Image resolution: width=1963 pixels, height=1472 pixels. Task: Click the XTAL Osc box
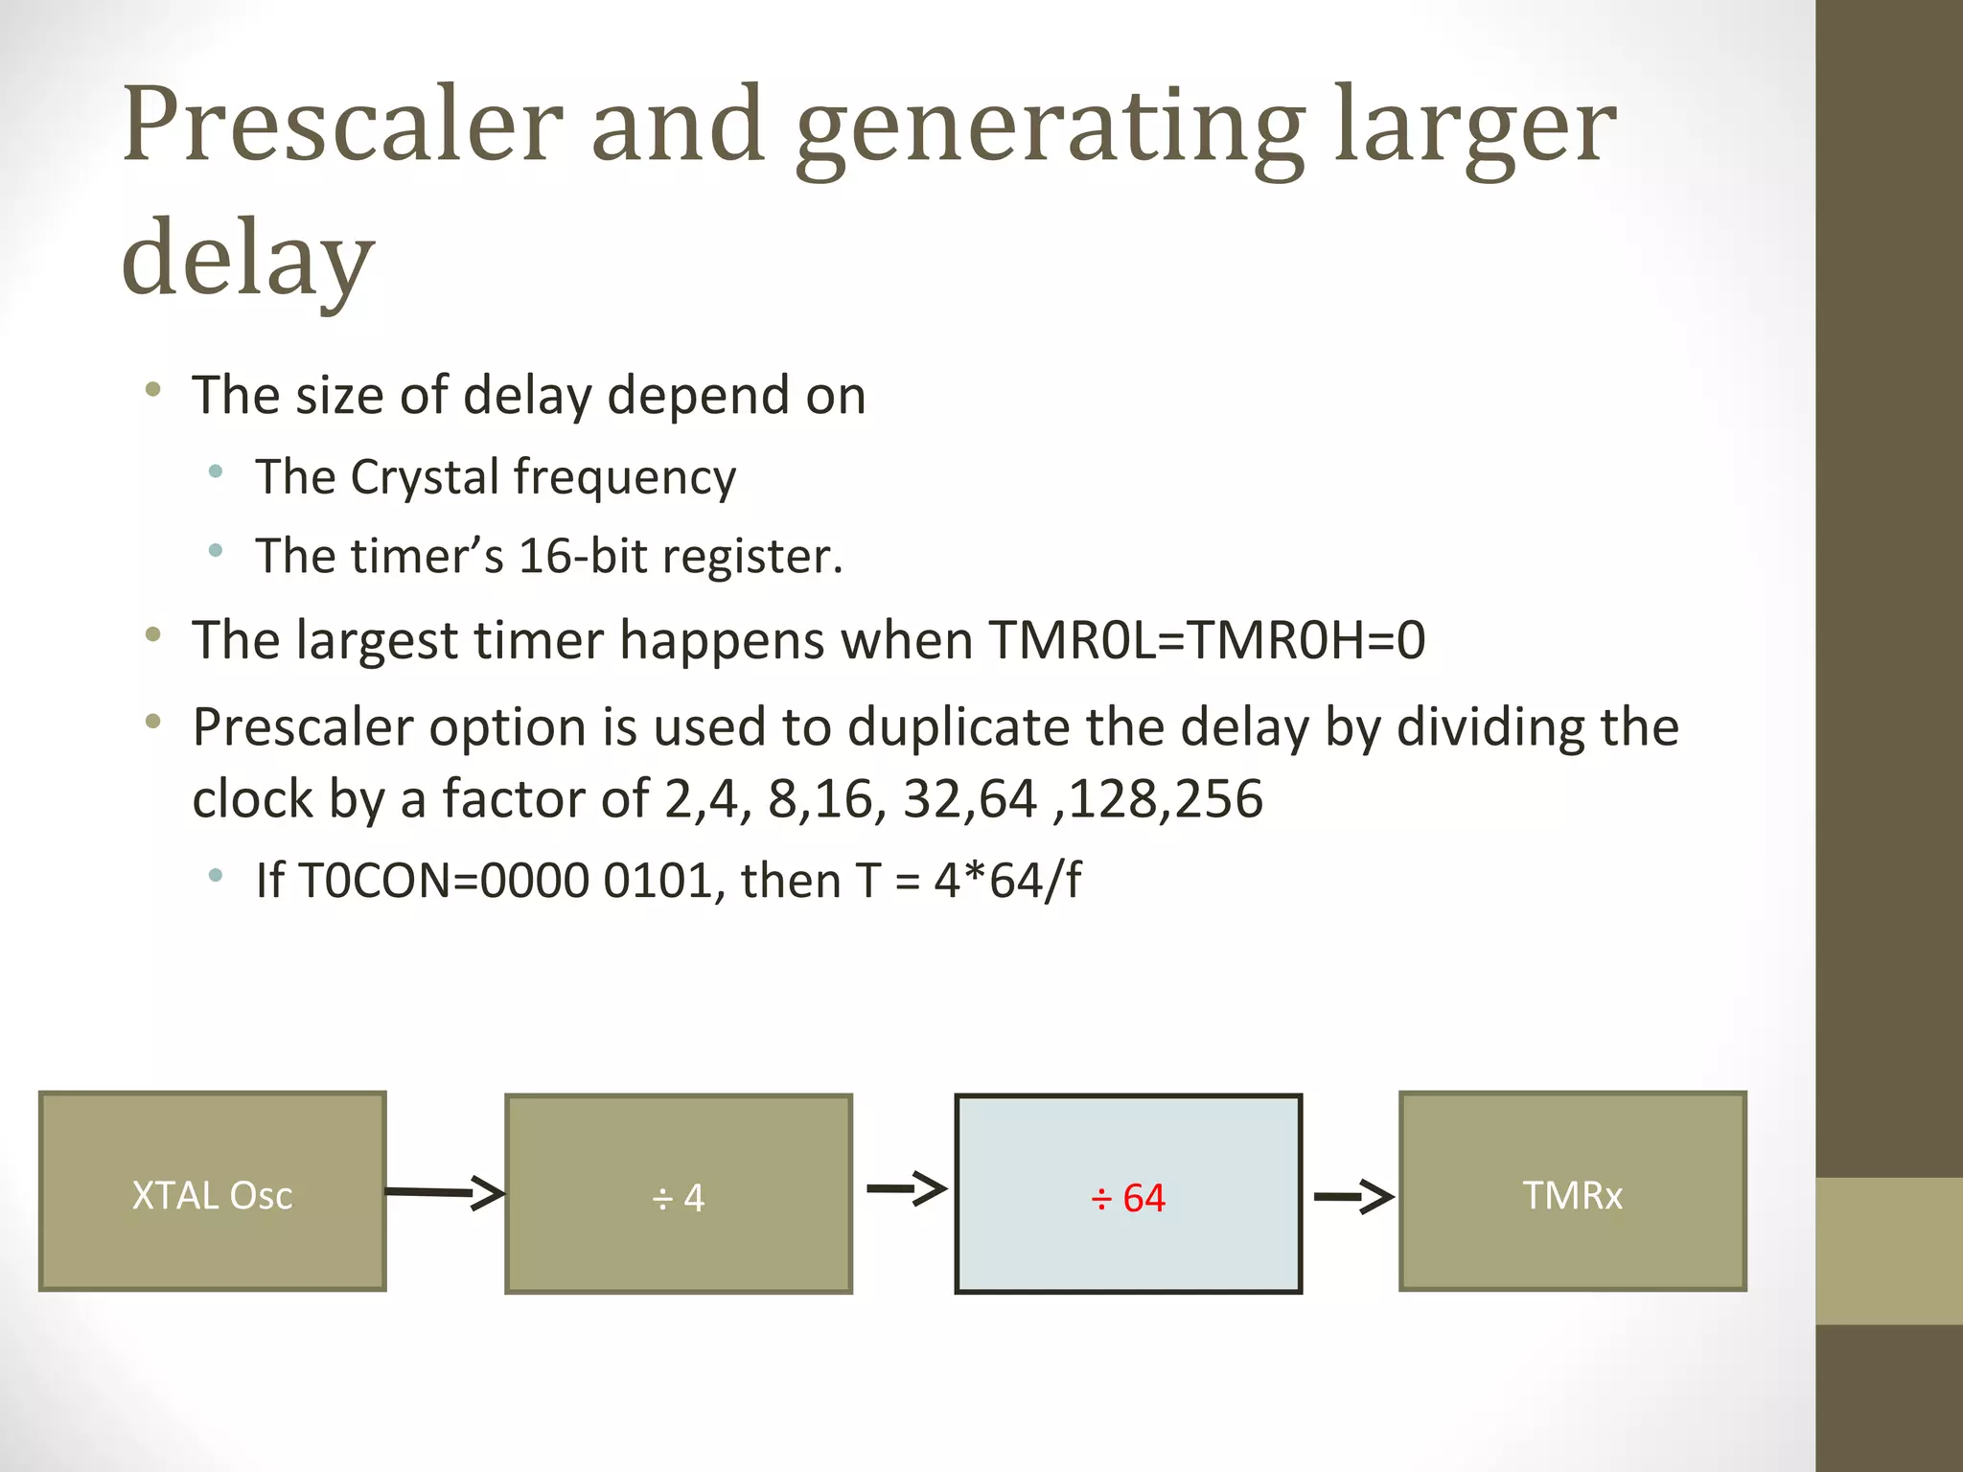(212, 1191)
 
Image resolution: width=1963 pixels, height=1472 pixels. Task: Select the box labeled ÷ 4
(679, 1194)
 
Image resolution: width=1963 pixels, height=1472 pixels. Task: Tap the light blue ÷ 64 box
(1128, 1194)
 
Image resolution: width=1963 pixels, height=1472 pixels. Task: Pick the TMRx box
(1572, 1191)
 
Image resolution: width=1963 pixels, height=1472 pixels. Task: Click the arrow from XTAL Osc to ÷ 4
(445, 1192)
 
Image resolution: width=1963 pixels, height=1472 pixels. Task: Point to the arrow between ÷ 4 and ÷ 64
(906, 1189)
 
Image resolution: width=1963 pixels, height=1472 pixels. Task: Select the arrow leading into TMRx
(1353, 1196)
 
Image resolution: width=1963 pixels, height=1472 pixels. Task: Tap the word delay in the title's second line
(247, 257)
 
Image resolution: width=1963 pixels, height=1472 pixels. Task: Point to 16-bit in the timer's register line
(582, 556)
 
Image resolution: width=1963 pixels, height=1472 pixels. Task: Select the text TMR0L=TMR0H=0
(1207, 639)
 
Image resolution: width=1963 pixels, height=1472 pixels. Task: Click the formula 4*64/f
(1007, 880)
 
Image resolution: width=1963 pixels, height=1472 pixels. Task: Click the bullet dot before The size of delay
(153, 389)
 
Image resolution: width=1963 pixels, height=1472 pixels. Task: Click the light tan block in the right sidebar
(1888, 1251)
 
